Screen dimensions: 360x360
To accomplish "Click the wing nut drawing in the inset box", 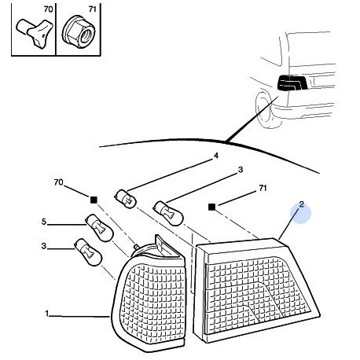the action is tap(35, 33).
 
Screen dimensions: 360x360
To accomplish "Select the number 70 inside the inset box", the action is tap(48, 9).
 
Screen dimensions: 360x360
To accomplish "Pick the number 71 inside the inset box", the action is tap(92, 9).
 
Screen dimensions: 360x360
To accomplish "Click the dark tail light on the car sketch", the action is tap(292, 83).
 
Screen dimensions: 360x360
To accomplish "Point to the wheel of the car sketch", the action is tap(265, 109).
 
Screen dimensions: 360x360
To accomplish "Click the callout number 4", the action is tap(215, 156).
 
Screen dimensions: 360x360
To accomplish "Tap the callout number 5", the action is tap(44, 222).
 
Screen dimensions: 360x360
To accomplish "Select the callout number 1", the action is tap(47, 314).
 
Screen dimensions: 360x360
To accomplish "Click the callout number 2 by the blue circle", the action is tap(301, 204).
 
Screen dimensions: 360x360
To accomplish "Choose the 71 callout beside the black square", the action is tap(263, 188).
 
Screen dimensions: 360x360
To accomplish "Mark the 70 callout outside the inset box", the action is tap(58, 182).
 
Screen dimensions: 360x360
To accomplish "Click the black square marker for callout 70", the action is tap(94, 200).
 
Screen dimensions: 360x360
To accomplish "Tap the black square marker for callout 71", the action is tap(211, 207).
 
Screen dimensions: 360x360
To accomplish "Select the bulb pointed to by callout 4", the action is tap(126, 200).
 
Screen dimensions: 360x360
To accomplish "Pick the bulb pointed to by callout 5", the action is tap(99, 227).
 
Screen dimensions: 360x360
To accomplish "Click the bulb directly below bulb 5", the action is tap(88, 252).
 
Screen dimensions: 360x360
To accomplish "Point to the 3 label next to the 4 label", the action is tap(241, 170).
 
